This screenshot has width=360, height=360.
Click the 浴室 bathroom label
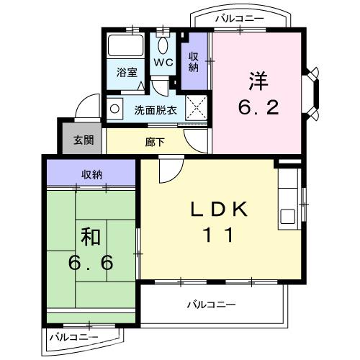[x=127, y=71]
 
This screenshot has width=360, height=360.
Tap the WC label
[x=163, y=63]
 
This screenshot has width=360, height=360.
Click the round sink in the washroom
[x=114, y=109]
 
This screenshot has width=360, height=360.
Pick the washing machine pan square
[x=197, y=108]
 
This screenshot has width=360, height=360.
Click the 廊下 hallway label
[x=155, y=142]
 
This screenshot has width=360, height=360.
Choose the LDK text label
[x=220, y=210]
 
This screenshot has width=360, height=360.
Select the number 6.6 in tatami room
[x=91, y=264]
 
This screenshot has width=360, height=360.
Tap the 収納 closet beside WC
[x=194, y=62]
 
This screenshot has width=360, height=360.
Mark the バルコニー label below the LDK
[x=211, y=305]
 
